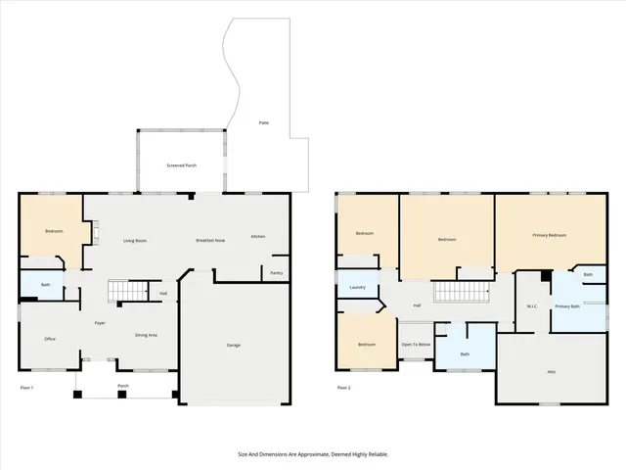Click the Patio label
tap(264, 122)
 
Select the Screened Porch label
tap(181, 165)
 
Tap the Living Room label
tap(135, 240)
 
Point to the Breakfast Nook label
tap(210, 240)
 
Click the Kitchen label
tap(258, 236)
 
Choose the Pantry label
tap(276, 273)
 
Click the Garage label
tap(234, 345)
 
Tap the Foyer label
tap(100, 322)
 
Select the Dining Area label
tap(146, 336)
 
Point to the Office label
tap(50, 339)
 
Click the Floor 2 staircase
tap(459, 292)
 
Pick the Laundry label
tap(357, 287)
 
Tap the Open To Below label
tap(416, 344)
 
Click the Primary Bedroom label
tap(549, 235)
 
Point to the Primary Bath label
tap(567, 307)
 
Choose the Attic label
tap(551, 370)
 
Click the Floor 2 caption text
tap(343, 388)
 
